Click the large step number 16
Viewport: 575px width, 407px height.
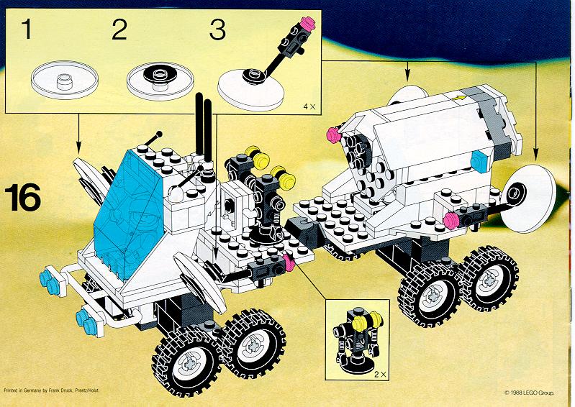point(23,198)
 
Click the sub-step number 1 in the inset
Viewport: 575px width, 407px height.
point(27,29)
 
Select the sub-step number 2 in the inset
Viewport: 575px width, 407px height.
point(119,29)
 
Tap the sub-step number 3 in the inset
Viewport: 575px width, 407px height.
point(217,29)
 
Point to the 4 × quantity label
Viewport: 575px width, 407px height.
point(309,106)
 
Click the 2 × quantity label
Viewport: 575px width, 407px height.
point(380,375)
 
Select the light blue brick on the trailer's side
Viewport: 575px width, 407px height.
point(479,162)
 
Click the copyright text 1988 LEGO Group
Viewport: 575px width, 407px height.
point(530,393)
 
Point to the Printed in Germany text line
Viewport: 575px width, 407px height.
point(51,390)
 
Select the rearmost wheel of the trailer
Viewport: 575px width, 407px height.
point(489,279)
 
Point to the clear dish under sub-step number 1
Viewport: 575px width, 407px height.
point(65,80)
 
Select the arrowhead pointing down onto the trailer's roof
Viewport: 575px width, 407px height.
point(407,76)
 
